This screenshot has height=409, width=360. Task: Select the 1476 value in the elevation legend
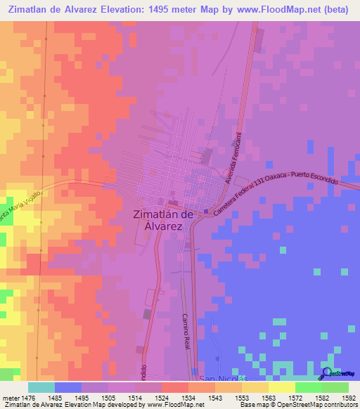28,398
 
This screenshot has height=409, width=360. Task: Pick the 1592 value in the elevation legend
349,398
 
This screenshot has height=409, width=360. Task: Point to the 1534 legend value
188,398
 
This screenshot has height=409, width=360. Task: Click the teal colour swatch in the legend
41,387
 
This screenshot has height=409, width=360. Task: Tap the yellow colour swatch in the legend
281,387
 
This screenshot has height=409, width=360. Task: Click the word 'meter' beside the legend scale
9,398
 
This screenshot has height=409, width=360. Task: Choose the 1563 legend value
269,398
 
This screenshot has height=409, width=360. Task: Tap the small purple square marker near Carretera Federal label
205,212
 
